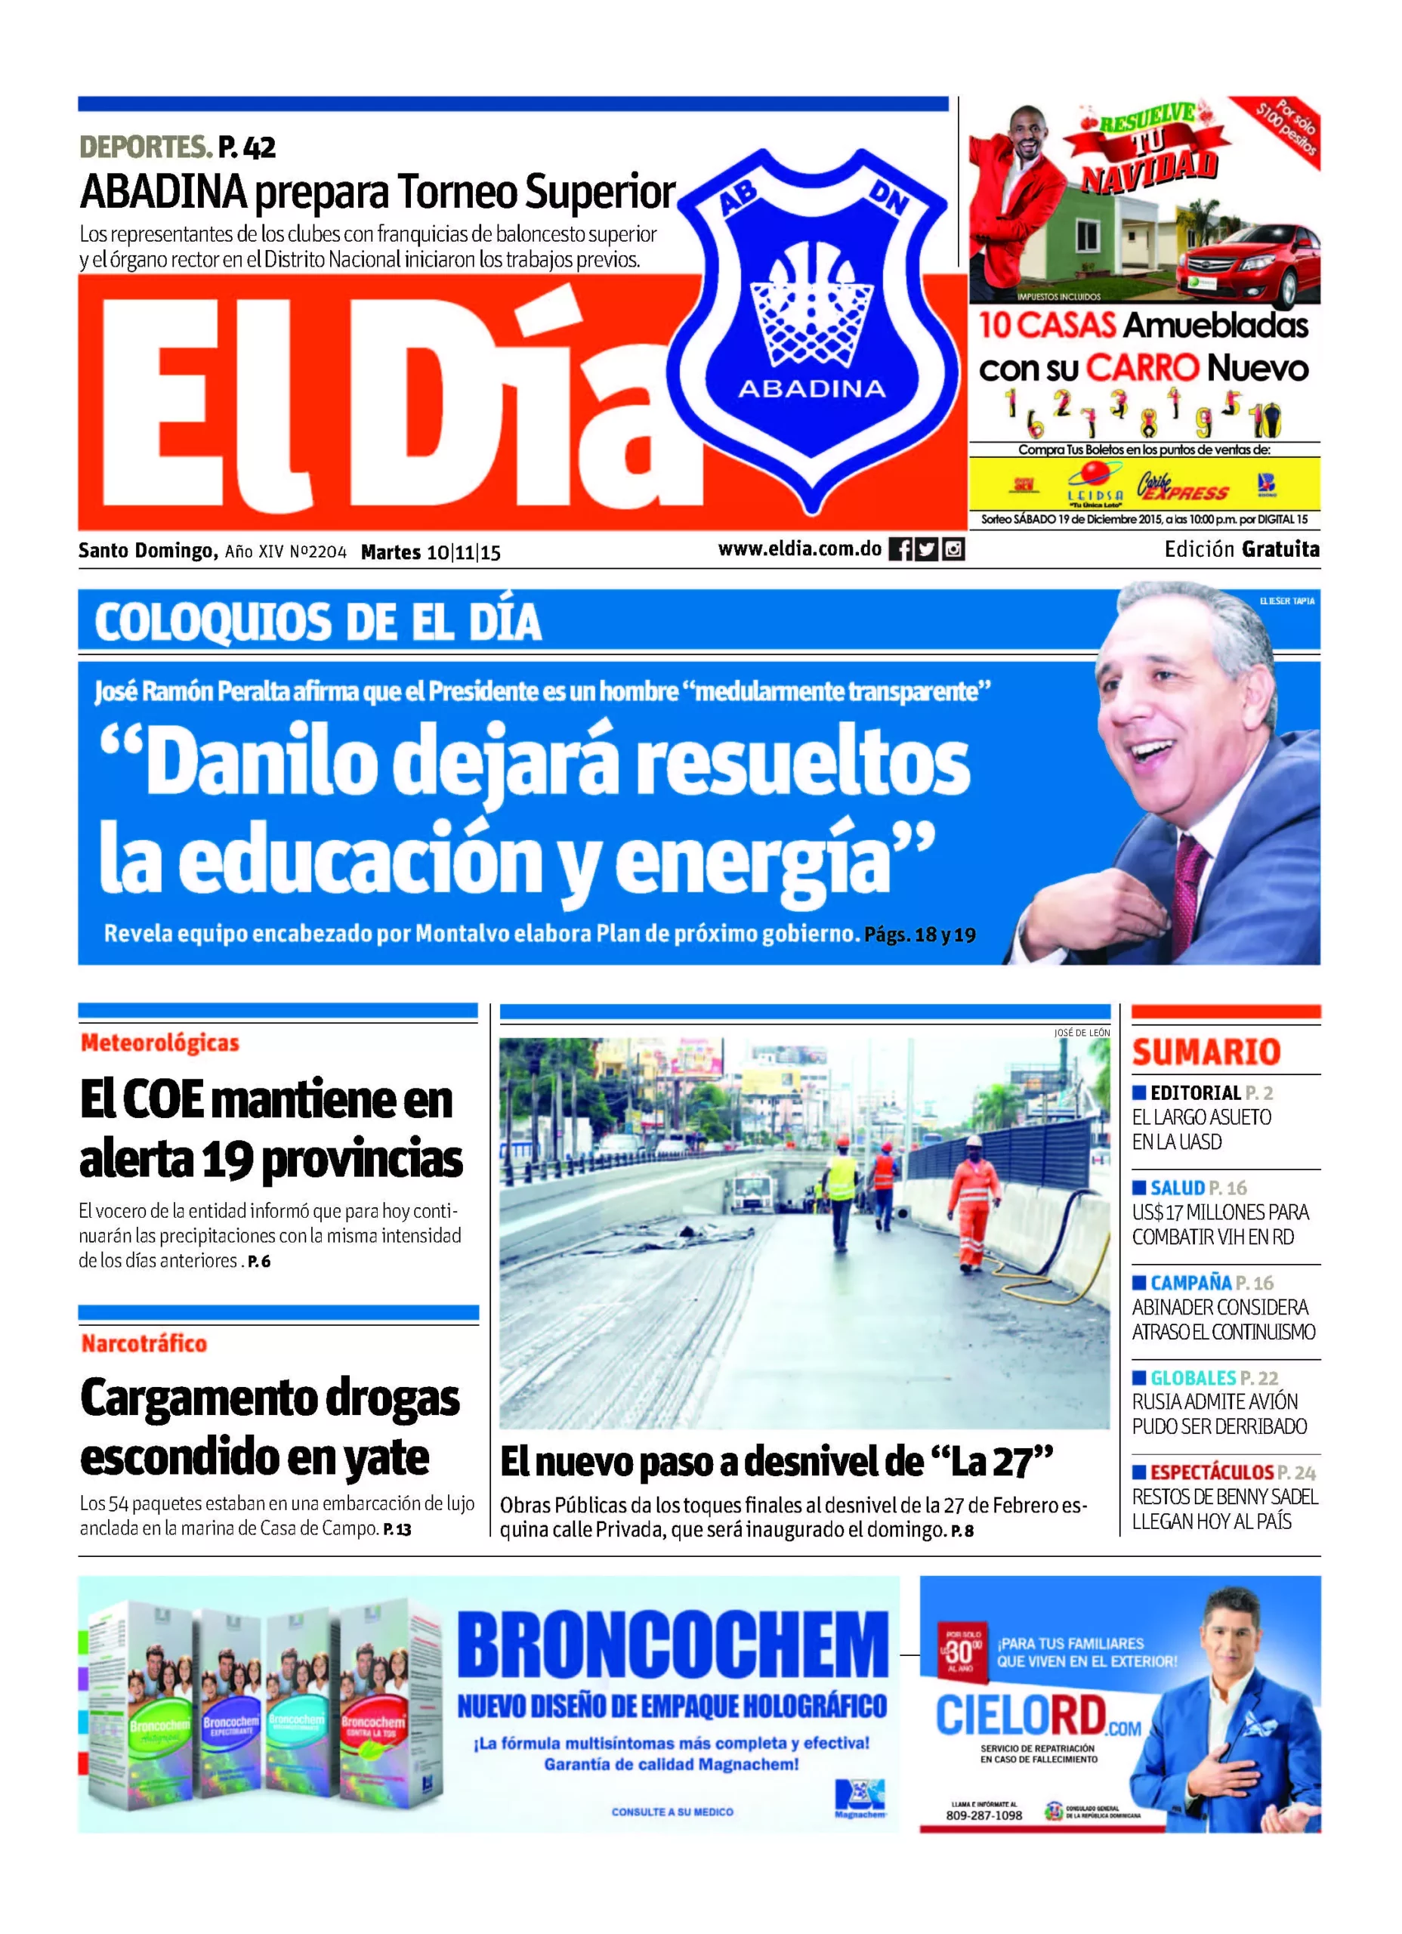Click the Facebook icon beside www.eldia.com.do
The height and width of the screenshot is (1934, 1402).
(x=900, y=550)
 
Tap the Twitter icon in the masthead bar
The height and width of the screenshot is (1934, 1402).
(x=927, y=550)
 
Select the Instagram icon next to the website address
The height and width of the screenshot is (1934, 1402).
(x=953, y=550)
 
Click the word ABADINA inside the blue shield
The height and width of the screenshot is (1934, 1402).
(x=811, y=390)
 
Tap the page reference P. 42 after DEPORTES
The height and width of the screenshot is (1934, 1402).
(x=246, y=147)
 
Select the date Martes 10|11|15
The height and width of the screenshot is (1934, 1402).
(x=431, y=552)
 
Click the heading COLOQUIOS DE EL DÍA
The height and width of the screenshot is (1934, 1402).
(x=317, y=622)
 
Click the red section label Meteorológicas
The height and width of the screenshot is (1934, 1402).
(x=159, y=1043)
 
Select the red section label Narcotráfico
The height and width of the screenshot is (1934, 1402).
(x=144, y=1344)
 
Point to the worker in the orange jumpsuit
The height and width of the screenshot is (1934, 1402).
(x=971, y=1206)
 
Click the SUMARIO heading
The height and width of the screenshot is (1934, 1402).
(x=1206, y=1052)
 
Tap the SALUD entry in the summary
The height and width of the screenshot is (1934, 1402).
(x=1177, y=1188)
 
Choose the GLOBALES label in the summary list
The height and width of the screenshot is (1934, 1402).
(x=1192, y=1378)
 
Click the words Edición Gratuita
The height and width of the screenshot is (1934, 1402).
(x=1242, y=550)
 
